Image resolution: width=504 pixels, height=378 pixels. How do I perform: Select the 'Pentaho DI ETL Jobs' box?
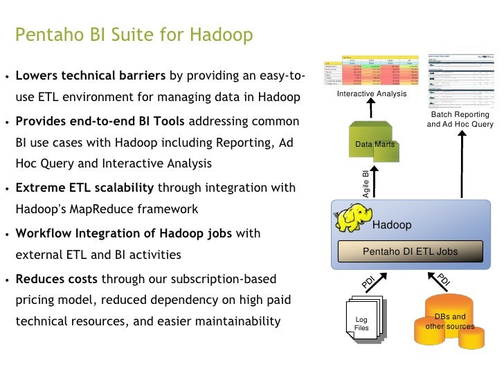[411, 252]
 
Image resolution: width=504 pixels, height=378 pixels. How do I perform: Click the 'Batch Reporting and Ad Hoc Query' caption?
[460, 119]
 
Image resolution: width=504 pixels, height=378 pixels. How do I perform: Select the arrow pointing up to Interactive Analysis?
[371, 109]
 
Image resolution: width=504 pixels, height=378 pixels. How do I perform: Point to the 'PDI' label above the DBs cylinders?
[444, 280]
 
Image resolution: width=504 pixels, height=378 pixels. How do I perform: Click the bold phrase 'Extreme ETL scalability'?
[86, 188]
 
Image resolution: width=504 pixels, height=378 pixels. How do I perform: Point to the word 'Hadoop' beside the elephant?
[392, 225]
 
